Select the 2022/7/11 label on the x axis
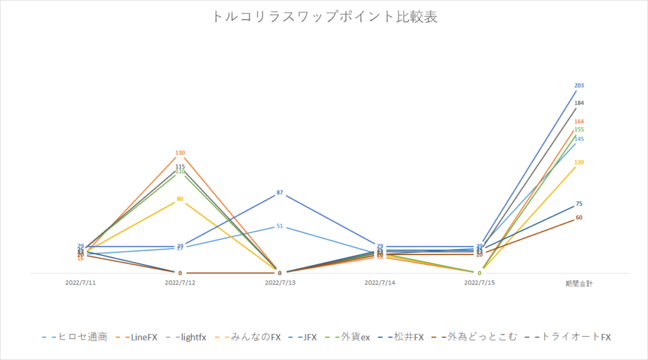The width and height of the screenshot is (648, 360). [x=80, y=283]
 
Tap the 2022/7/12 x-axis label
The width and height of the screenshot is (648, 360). [x=180, y=283]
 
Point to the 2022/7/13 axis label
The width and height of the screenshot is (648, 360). [x=280, y=283]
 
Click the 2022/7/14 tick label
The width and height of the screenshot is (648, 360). [x=380, y=283]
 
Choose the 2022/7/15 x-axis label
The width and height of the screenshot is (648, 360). [x=479, y=283]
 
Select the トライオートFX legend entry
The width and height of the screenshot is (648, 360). [x=571, y=337]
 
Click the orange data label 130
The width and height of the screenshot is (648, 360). [x=180, y=153]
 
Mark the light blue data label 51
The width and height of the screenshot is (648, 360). [x=280, y=225]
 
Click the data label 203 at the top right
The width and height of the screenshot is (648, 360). [x=579, y=85]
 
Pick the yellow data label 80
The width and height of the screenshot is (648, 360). [x=180, y=199]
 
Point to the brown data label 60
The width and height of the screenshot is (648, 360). [x=579, y=218]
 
